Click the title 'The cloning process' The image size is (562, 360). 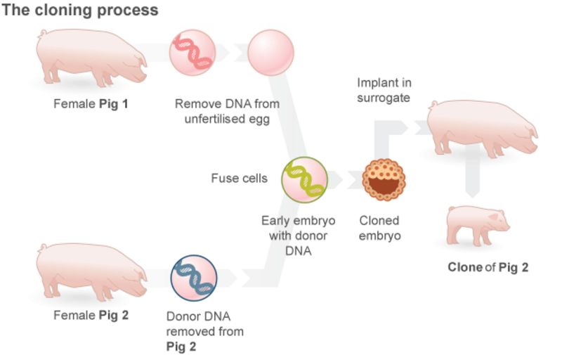[x=79, y=11]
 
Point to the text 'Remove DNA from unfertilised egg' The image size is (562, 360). [x=227, y=111]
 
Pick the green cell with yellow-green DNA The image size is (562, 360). [x=304, y=179]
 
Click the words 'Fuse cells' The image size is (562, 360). [x=239, y=178]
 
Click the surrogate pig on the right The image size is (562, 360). [x=481, y=127]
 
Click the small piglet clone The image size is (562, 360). [x=478, y=225]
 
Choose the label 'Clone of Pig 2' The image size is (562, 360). [x=488, y=267]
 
